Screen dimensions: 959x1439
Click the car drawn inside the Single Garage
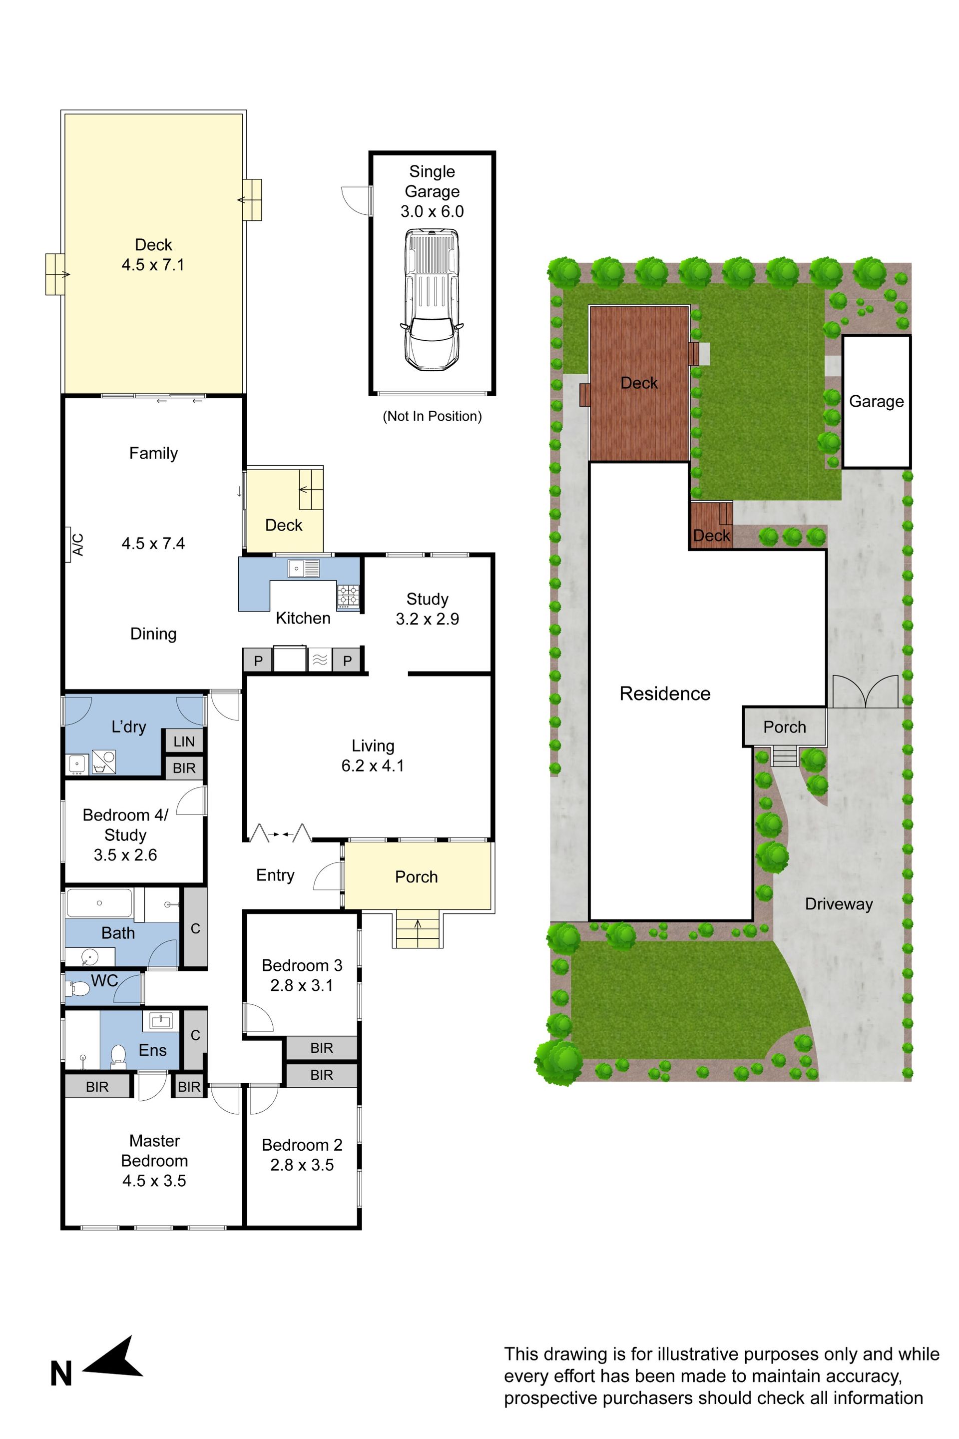point(432,299)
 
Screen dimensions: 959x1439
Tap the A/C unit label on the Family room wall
point(77,544)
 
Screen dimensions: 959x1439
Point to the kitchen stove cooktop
point(348,595)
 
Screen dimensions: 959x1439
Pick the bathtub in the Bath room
point(99,903)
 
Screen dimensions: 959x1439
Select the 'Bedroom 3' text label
point(302,965)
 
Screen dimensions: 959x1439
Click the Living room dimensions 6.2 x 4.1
point(373,765)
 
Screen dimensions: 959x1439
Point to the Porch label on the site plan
point(785,727)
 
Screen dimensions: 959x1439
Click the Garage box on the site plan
point(877,401)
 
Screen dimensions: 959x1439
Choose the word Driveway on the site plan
point(839,904)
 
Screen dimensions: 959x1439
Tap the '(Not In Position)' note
point(432,416)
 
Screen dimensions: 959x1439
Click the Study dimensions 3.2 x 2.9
point(427,619)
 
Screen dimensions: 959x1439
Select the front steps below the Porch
point(418,929)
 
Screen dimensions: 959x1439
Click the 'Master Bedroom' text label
point(154,1151)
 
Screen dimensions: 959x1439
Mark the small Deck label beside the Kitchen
point(284,525)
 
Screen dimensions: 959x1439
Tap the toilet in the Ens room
point(119,1055)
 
